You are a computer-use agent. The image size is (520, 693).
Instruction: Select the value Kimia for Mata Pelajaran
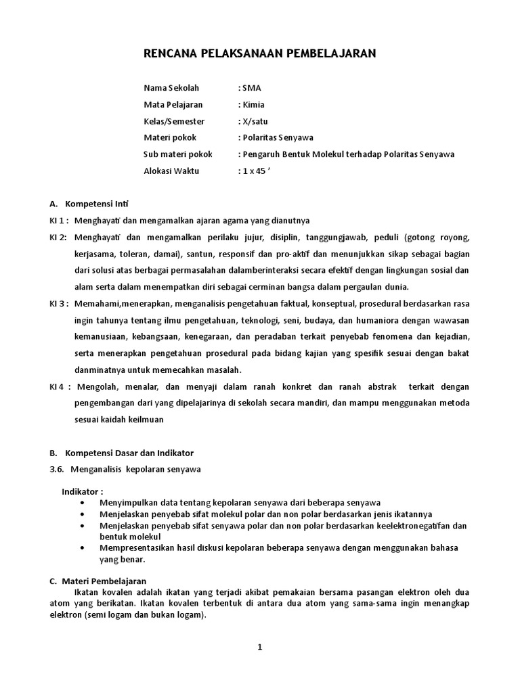point(253,105)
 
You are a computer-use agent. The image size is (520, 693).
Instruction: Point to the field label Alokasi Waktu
point(171,171)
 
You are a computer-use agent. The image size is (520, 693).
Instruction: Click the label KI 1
point(58,221)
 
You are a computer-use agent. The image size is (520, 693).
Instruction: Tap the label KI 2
point(58,238)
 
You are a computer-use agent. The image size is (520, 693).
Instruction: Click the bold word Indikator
point(82,491)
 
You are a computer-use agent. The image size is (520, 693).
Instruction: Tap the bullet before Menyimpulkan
point(83,503)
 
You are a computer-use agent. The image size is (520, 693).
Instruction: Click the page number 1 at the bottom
point(259,647)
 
